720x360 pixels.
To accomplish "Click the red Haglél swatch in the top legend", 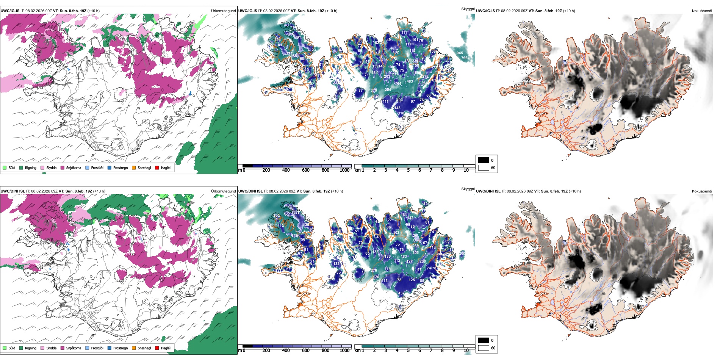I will pos(157,167).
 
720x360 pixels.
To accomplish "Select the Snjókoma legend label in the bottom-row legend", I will pos(74,348).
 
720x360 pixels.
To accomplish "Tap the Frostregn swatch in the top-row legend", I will pos(110,167).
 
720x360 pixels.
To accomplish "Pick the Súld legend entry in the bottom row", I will pos(12,348).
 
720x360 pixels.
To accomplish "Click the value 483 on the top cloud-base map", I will pos(410,81).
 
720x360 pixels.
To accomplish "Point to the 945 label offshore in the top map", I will pos(460,53).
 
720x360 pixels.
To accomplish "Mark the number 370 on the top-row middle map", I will pos(374,91).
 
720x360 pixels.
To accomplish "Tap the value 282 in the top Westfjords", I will pos(289,54).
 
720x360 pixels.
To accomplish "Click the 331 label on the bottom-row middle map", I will pos(416,241).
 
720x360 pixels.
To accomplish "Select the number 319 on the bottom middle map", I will pos(294,236).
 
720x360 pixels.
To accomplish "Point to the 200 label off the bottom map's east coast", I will pos(462,253).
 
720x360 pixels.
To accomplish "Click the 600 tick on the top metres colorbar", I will pos(305,170).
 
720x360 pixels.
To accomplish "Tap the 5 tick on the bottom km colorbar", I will pos(408,351).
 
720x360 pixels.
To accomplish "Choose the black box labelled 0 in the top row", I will pos(484,160).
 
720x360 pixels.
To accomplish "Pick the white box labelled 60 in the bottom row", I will pos(484,348).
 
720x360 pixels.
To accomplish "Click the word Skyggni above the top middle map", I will pos(468,9).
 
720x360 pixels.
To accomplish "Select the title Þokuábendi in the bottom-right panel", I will pos(702,191).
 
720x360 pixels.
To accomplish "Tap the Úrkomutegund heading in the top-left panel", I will pos(223,11).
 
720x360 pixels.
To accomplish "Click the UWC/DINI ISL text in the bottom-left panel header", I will pos(13,191).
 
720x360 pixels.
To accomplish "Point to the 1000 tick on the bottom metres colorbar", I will pos(344,351).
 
